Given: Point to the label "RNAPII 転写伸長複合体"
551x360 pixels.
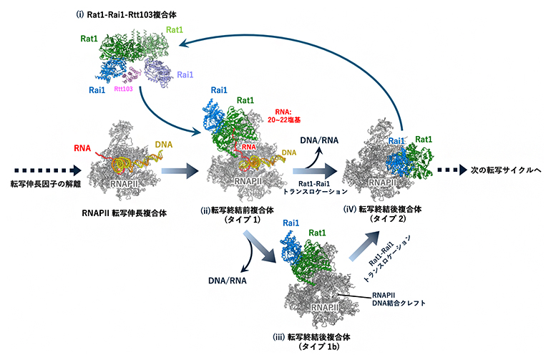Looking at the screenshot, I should (x=130, y=213).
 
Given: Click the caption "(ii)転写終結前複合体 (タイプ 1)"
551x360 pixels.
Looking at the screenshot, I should (x=240, y=216).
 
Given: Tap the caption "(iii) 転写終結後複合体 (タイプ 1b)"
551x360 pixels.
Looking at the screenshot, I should (x=318, y=341).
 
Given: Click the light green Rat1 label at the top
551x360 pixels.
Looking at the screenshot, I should (x=177, y=29).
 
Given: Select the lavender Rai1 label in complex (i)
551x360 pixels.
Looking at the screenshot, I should (x=186, y=74).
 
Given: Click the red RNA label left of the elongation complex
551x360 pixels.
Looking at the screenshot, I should (x=81, y=148).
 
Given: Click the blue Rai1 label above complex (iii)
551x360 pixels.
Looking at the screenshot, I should (x=291, y=223).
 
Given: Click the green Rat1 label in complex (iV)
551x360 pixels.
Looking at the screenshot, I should (x=423, y=139).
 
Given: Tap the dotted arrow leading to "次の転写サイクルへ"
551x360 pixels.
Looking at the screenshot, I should (x=450, y=172).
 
